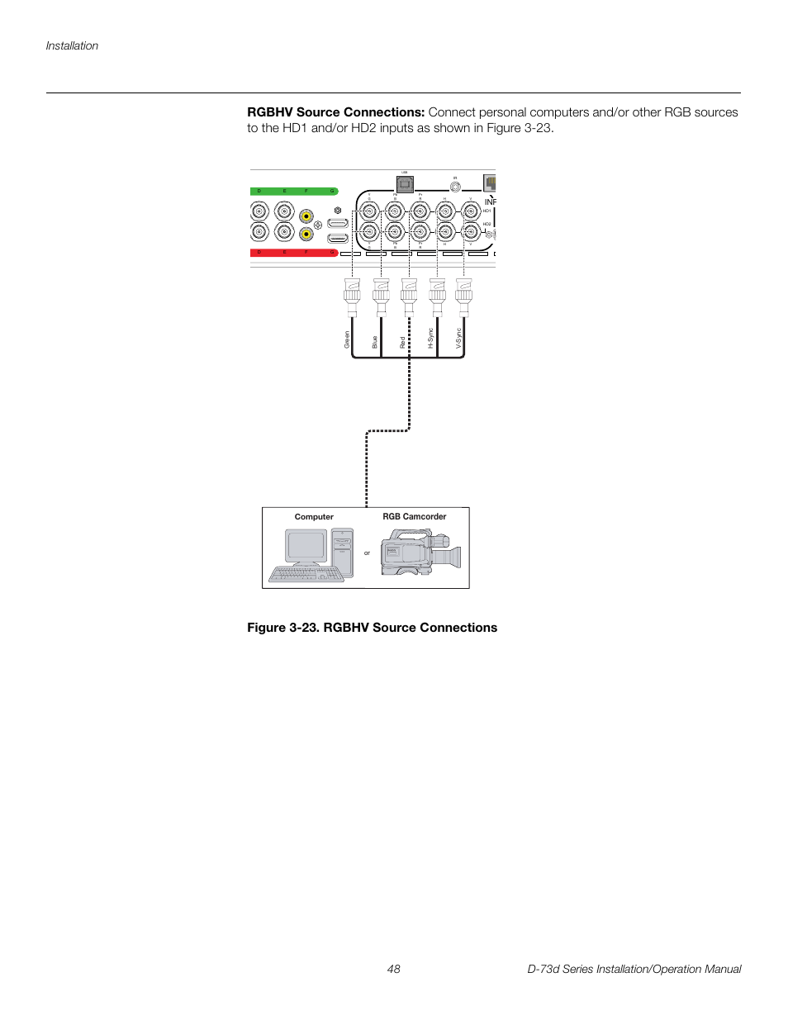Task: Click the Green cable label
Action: tap(347, 339)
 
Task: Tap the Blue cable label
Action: tap(375, 341)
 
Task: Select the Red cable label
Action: tap(403, 342)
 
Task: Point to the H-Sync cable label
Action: tap(430, 338)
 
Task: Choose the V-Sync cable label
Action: tap(458, 338)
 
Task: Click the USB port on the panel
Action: tap(405, 184)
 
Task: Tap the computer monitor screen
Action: tap(306, 546)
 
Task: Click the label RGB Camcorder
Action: tap(414, 517)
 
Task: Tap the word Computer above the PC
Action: tap(314, 517)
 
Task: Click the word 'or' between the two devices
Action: tap(368, 553)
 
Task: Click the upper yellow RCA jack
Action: tap(306, 217)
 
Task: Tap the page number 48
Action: tap(394, 969)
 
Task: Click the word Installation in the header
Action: tap(72, 46)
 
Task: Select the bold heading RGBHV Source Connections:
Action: tap(335, 112)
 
